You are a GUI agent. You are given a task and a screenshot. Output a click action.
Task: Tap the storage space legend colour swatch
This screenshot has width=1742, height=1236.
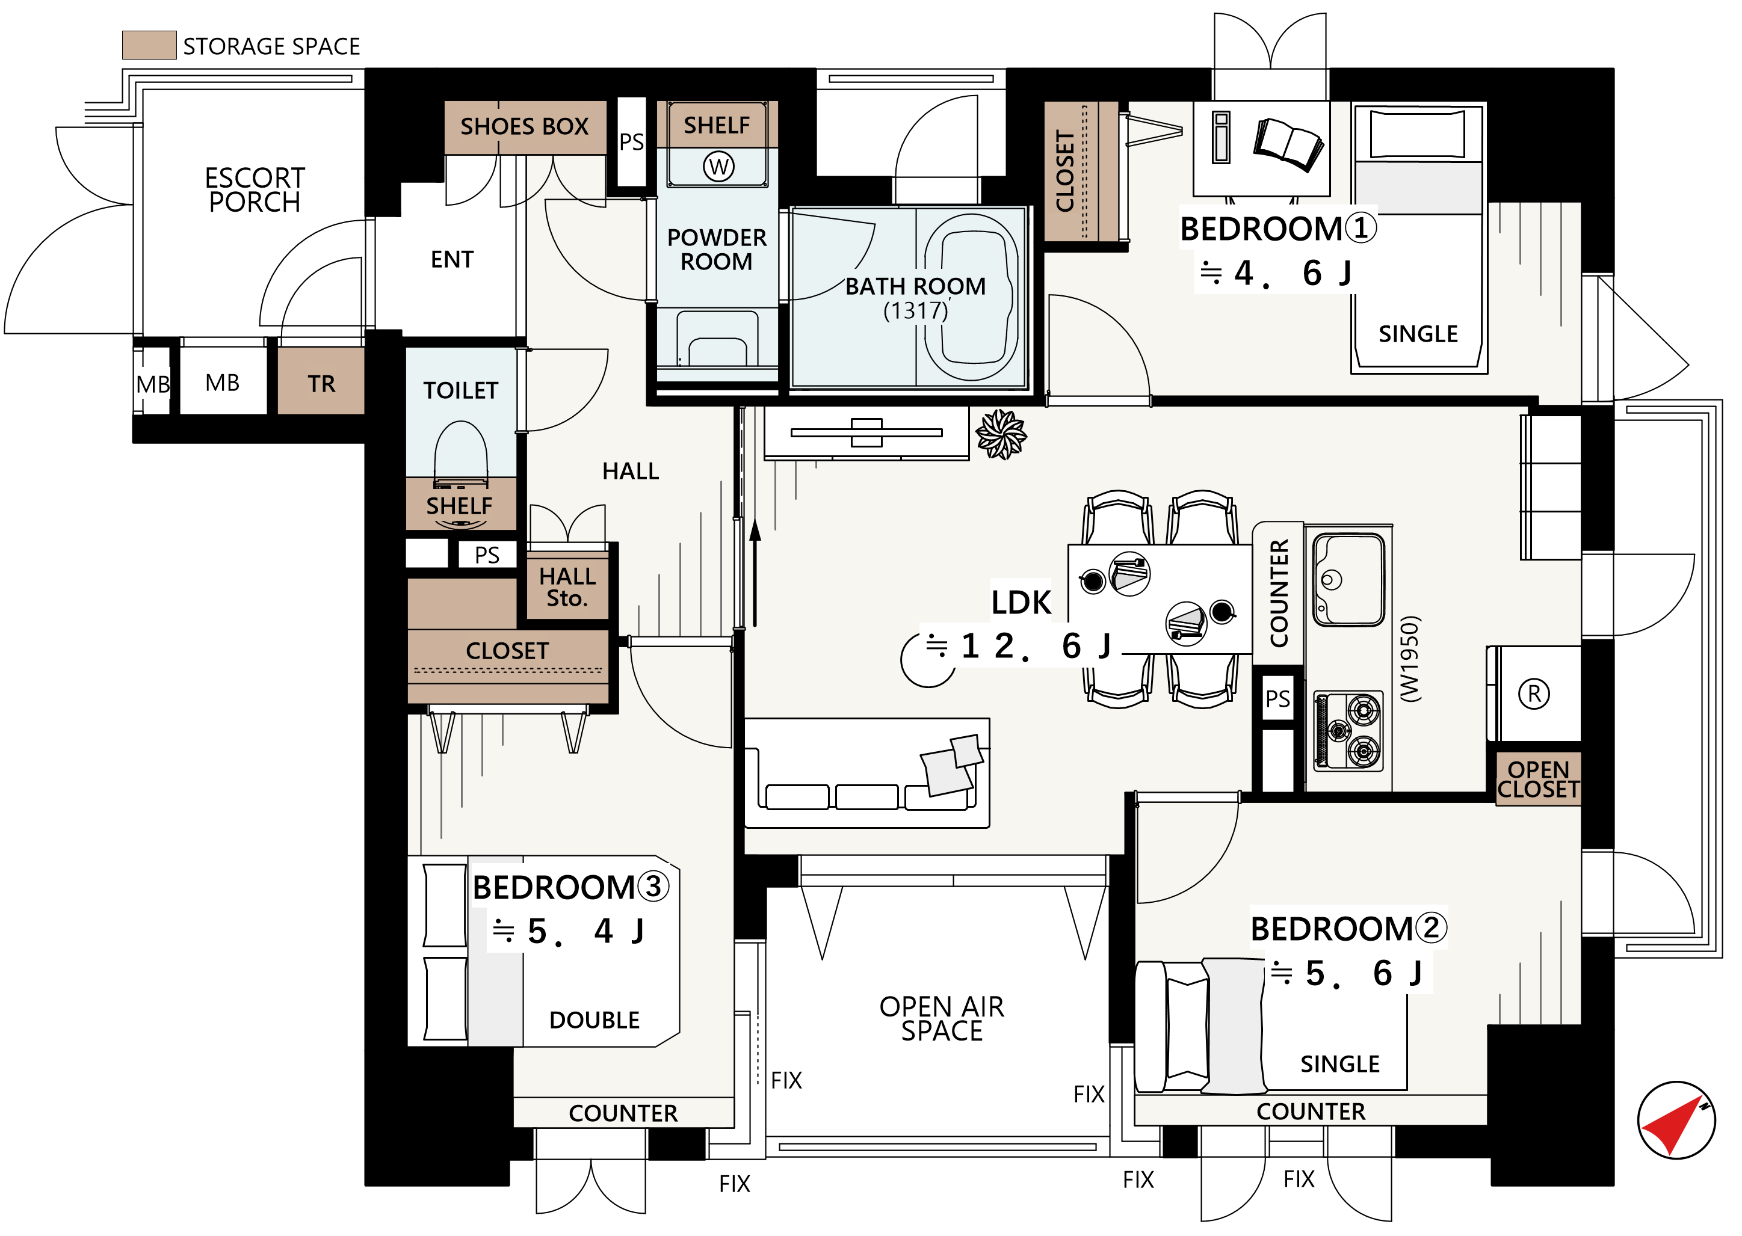(x=149, y=45)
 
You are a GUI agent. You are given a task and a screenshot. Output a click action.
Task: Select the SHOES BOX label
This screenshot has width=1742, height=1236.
(x=525, y=126)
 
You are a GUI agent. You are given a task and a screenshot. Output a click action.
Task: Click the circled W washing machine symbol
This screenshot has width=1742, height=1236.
(x=718, y=166)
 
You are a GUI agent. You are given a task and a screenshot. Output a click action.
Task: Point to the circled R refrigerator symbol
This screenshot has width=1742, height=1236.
(x=1534, y=694)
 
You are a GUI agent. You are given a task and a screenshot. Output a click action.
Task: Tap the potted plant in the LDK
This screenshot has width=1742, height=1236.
(x=1001, y=435)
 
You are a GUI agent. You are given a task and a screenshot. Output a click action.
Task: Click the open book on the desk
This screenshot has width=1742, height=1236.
(x=1288, y=143)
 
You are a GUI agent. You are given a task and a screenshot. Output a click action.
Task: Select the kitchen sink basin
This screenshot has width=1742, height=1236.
(x=1348, y=579)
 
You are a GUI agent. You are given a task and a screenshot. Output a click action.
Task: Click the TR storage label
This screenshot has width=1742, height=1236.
(x=321, y=384)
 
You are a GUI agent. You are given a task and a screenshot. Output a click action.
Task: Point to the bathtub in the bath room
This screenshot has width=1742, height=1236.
(x=971, y=298)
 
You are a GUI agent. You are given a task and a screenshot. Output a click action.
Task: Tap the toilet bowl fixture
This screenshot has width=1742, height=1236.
(x=461, y=454)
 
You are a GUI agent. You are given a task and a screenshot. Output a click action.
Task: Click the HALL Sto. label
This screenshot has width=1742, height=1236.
(x=567, y=587)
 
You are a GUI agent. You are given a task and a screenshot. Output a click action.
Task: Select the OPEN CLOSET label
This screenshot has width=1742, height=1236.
(x=1538, y=779)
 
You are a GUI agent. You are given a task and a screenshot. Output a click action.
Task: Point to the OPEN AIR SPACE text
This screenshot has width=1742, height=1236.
(x=942, y=1018)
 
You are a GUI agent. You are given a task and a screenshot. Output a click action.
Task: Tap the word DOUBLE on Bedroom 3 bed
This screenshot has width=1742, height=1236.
(x=595, y=1020)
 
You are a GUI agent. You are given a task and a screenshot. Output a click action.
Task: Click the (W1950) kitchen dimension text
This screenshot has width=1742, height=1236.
(x=1409, y=659)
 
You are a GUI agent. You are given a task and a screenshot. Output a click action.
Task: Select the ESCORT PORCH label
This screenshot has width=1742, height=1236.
(x=255, y=189)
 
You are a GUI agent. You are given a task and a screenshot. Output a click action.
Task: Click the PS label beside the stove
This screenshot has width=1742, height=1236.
(x=1277, y=699)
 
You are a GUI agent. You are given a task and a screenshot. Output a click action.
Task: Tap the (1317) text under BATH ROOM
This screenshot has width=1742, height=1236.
(x=915, y=310)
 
